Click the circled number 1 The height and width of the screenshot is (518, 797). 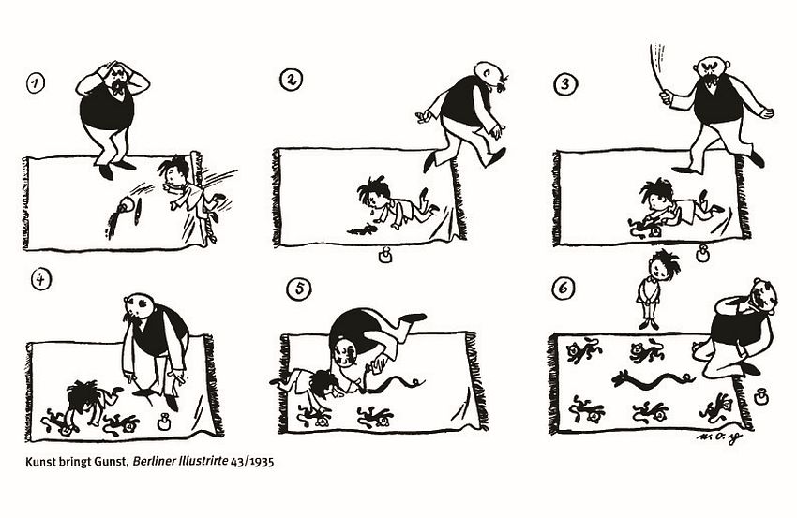(35, 83)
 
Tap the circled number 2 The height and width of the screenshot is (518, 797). (292, 81)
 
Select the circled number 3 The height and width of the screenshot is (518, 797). (564, 84)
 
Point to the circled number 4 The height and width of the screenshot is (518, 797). (41, 279)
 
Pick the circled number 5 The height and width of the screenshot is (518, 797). (299, 289)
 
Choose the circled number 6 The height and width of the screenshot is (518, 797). (564, 289)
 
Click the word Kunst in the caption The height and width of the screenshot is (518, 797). (38, 462)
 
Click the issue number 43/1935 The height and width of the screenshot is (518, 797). (252, 462)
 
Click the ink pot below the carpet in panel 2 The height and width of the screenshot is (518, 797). (386, 256)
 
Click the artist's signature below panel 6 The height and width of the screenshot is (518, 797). (717, 437)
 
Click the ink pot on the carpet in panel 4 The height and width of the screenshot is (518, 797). (163, 422)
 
